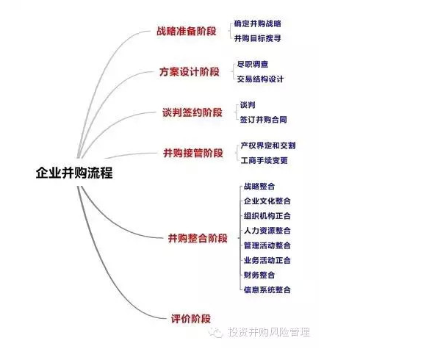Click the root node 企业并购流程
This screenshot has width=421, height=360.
pyautogui.click(x=74, y=173)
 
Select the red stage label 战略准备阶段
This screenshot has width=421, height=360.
pyautogui.click(x=187, y=31)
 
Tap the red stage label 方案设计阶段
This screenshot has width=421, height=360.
pyautogui.click(x=190, y=72)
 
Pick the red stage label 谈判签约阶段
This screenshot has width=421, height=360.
pyautogui.click(x=192, y=112)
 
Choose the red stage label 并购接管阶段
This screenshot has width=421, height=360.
pyautogui.click(x=193, y=153)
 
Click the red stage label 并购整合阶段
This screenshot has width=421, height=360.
pyautogui.click(x=198, y=238)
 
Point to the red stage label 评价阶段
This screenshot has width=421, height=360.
pyautogui.click(x=191, y=319)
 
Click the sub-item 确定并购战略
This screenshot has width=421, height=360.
pyautogui.click(x=257, y=24)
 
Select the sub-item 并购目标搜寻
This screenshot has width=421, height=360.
pyautogui.click(x=257, y=38)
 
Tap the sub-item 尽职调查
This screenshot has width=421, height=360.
pyautogui.click(x=253, y=64)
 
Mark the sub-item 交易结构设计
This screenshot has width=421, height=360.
pyautogui.click(x=260, y=79)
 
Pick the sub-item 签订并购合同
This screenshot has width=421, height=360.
pyautogui.click(x=263, y=120)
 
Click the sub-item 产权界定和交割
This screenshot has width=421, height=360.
pyautogui.click(x=268, y=145)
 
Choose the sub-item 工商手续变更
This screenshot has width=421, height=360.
pyautogui.click(x=265, y=160)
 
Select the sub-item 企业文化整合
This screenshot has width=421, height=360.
pyautogui.click(x=267, y=201)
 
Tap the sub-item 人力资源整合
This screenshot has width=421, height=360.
pyautogui.click(x=267, y=231)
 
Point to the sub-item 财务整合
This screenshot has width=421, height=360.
pyautogui.click(x=259, y=275)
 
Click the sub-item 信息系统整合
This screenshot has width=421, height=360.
pyautogui.click(x=267, y=289)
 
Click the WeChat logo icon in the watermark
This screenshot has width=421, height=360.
pyautogui.click(x=216, y=332)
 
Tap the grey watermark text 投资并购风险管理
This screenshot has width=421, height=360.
pyautogui.click(x=269, y=332)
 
